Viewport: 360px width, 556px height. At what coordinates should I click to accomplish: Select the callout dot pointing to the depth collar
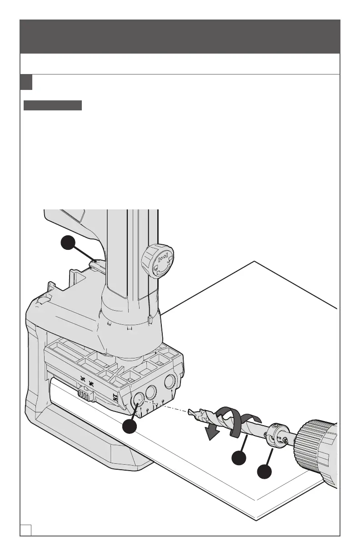point(265,472)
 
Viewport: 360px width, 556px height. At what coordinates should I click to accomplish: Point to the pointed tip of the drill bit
point(190,412)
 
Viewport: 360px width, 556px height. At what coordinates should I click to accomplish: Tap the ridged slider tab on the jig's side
point(85,393)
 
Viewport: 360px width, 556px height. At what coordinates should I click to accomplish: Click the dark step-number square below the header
point(26,82)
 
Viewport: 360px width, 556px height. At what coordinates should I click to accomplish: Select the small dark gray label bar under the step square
point(52,106)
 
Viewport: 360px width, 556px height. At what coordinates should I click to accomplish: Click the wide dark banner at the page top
point(180,36)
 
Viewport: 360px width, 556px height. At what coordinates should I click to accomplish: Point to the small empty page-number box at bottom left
point(25,529)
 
